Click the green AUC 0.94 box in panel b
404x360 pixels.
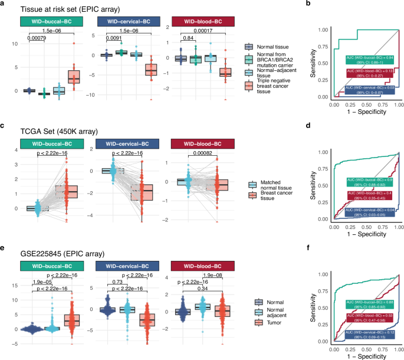tap(362, 61)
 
